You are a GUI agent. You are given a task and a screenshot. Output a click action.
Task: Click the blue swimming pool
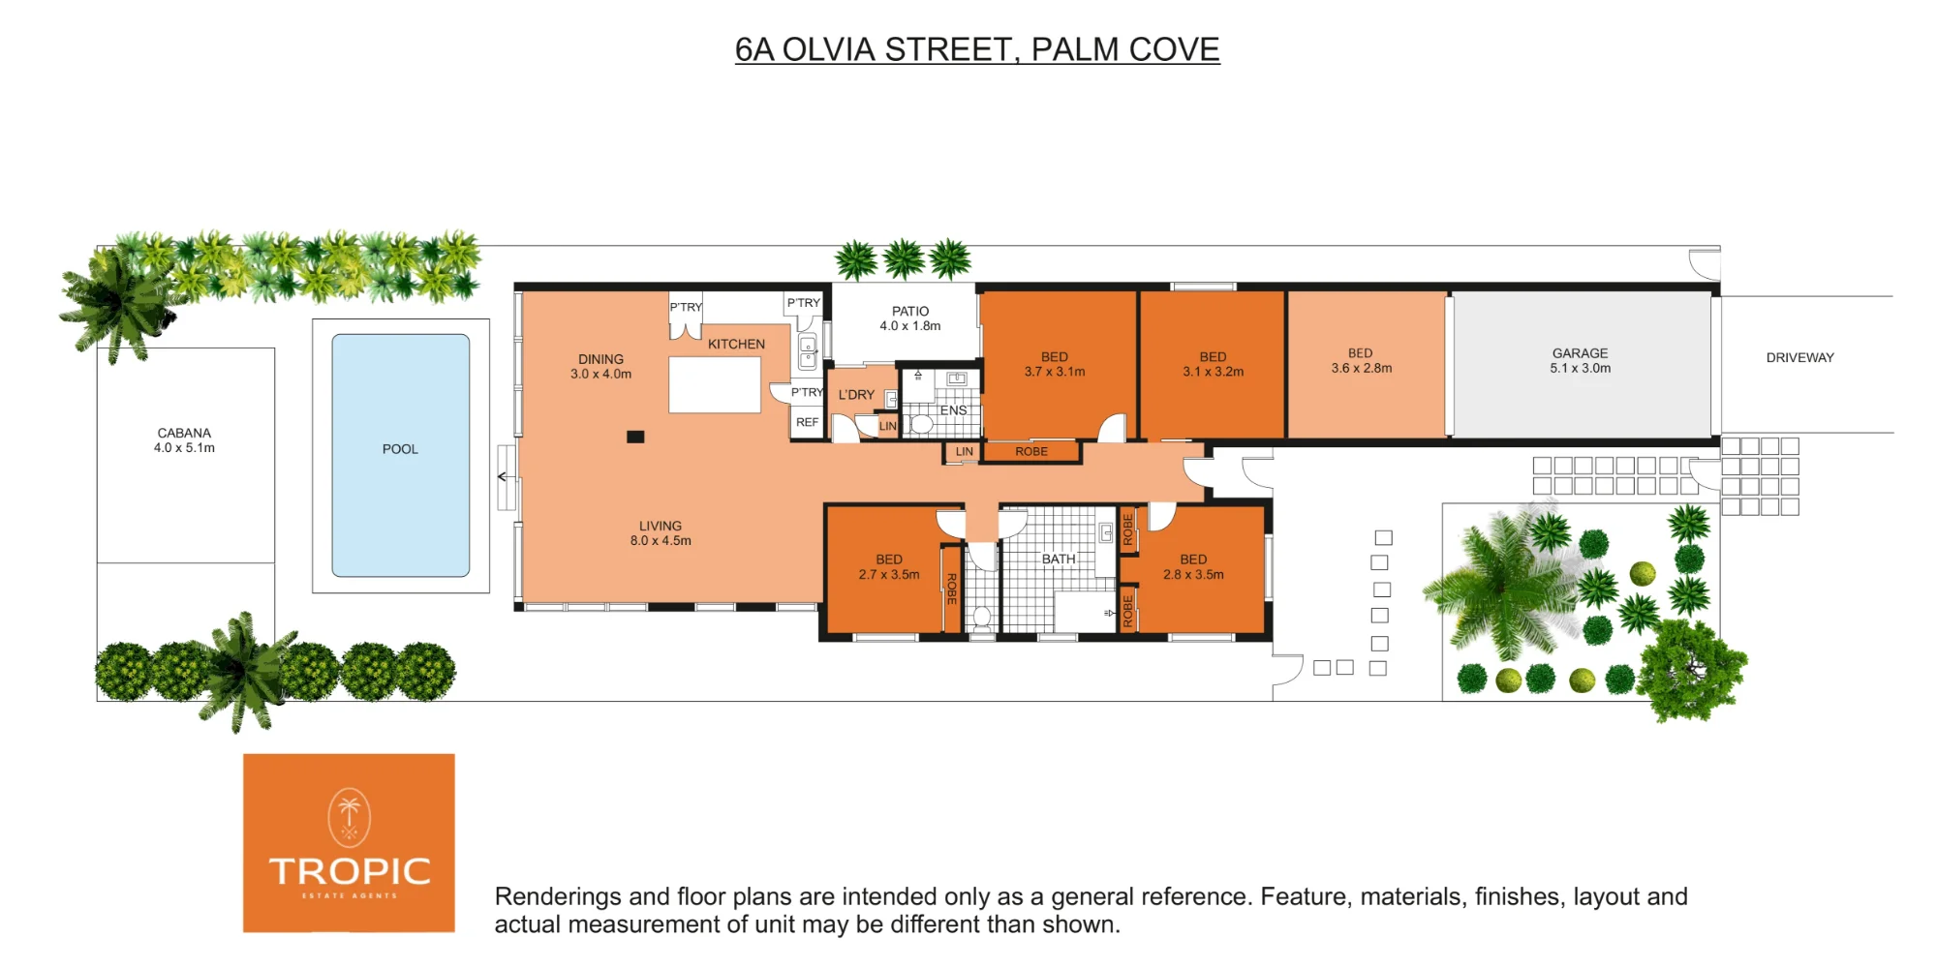click(401, 455)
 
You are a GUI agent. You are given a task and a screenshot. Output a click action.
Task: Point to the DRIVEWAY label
click(1799, 357)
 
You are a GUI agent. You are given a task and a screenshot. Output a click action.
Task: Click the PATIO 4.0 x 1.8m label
click(910, 318)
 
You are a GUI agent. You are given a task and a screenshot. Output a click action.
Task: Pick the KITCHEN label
click(736, 344)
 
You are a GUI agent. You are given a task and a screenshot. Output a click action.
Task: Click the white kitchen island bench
click(715, 384)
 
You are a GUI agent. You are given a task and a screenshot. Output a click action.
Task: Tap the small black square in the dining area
click(635, 437)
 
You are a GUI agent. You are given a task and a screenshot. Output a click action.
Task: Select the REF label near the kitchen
click(807, 422)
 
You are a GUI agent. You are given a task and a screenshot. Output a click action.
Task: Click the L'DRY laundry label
click(856, 395)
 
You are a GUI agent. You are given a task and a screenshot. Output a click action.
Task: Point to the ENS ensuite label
click(953, 410)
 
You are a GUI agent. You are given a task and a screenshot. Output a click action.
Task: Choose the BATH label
click(1059, 559)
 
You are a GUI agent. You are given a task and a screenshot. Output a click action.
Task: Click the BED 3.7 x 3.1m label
click(1055, 364)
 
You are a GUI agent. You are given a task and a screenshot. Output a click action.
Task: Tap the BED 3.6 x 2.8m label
click(1361, 361)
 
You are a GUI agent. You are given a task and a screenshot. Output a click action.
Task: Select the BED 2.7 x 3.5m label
click(889, 567)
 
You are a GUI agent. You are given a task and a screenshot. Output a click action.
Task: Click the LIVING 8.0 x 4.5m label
click(661, 533)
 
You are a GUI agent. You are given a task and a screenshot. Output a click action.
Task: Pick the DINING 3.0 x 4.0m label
click(600, 367)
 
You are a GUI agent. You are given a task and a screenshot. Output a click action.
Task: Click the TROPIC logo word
click(350, 871)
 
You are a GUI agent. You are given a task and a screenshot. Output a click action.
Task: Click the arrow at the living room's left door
click(503, 476)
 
